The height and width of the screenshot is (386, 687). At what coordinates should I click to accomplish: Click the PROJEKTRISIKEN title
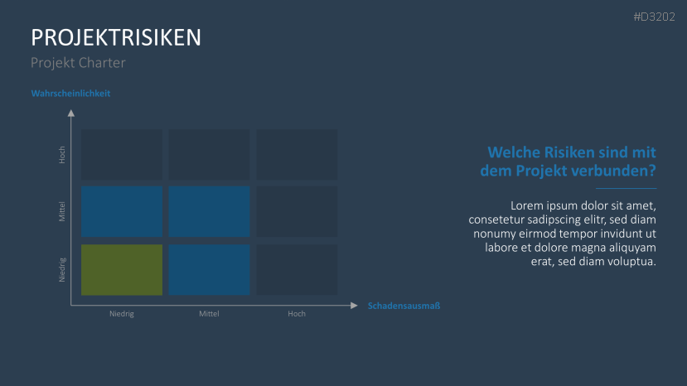click(116, 37)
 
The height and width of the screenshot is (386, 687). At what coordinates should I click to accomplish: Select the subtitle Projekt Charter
click(78, 63)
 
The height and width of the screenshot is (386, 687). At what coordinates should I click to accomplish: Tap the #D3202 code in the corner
click(654, 17)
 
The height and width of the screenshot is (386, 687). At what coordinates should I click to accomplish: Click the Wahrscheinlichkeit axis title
click(70, 94)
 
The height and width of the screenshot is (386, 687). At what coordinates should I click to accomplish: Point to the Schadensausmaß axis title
click(404, 306)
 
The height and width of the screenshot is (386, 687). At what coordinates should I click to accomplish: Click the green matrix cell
click(122, 270)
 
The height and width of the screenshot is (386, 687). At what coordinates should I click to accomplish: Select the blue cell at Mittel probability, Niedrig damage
click(122, 211)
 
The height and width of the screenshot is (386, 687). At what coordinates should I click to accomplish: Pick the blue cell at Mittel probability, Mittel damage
click(209, 211)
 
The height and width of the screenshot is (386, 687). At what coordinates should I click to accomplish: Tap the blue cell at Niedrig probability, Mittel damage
click(209, 270)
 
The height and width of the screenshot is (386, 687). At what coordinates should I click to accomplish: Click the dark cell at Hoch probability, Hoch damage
click(297, 154)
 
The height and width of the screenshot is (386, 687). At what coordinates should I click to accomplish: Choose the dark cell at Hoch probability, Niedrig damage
click(122, 154)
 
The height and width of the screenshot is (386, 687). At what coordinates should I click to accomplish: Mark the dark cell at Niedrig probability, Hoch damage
click(297, 270)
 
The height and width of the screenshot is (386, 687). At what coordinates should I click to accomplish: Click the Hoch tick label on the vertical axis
click(62, 154)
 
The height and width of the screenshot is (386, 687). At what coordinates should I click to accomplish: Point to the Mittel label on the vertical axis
click(62, 211)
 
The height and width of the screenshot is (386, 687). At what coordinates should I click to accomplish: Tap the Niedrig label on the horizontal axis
click(122, 314)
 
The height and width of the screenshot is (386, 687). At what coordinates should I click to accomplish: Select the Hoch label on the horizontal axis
click(297, 314)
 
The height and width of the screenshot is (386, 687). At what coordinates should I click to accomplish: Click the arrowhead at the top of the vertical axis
click(71, 113)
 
